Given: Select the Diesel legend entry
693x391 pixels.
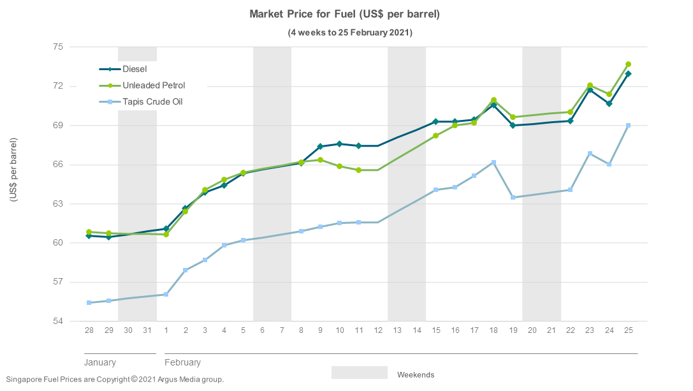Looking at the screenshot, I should (x=135, y=69).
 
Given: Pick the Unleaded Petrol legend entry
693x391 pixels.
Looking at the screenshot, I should (x=154, y=85).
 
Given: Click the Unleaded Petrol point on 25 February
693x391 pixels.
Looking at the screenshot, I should (x=628, y=64).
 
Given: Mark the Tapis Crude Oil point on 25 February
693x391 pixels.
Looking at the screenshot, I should (x=628, y=126).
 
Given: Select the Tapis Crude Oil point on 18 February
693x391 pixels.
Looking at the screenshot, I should (x=493, y=163).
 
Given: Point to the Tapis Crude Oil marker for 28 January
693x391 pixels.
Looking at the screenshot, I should (x=89, y=302).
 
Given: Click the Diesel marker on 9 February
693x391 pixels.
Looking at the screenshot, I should (x=320, y=147).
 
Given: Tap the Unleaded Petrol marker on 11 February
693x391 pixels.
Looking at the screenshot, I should (x=359, y=170).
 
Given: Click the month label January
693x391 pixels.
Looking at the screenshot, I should (x=100, y=362).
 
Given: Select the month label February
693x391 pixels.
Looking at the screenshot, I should (x=182, y=362).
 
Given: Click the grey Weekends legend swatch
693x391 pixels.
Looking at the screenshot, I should (x=359, y=373).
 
